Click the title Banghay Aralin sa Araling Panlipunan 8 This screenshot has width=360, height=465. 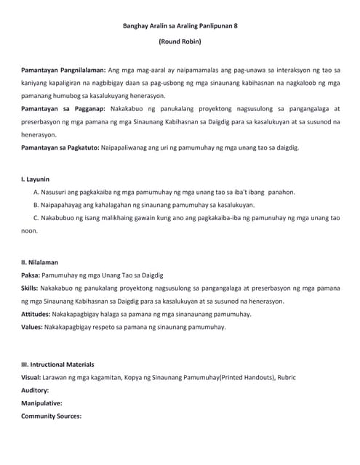(179, 26)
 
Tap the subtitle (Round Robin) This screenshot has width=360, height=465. (180, 43)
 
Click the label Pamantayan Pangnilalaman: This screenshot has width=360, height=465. (63, 70)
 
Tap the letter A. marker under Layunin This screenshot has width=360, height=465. (37, 192)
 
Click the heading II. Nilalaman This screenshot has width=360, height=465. (39, 262)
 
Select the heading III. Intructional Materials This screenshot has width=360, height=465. (57, 364)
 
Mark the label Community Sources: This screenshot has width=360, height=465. (51, 416)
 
